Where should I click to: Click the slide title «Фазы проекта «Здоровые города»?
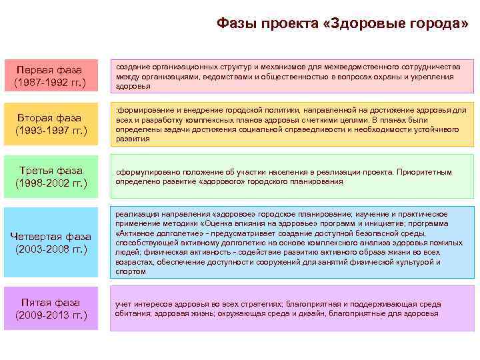tap(342, 25)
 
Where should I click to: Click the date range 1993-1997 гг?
tap(51, 131)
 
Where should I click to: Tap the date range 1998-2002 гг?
tap(51, 183)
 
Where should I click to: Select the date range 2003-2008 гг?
tap(51, 249)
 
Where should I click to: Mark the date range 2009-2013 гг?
tap(51, 315)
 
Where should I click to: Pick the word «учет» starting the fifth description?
tap(123, 304)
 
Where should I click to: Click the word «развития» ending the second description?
tap(131, 139)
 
